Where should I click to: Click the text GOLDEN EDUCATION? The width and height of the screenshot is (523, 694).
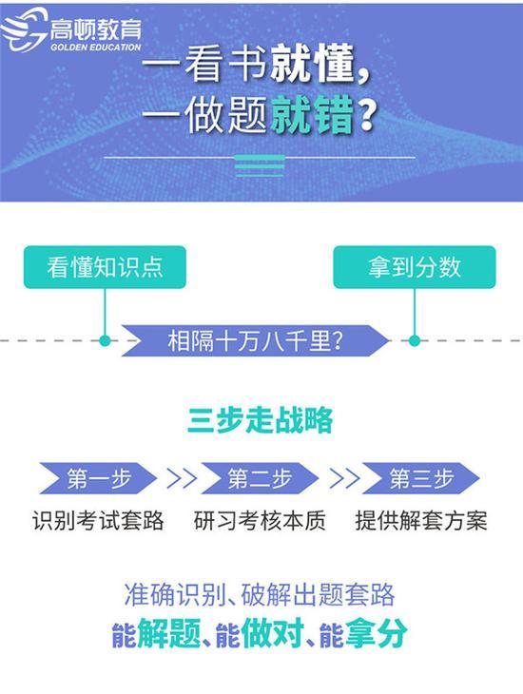pos(96,47)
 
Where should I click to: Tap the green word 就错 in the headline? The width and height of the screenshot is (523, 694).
pos(313,115)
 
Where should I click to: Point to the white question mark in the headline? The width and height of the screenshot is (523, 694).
pos(368,115)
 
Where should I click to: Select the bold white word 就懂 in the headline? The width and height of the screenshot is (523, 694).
pos(313,65)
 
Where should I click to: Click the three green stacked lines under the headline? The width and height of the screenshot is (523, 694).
pos(260,166)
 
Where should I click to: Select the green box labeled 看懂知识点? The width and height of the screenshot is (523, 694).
pos(105,267)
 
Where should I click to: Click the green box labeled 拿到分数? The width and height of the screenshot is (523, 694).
pos(415,267)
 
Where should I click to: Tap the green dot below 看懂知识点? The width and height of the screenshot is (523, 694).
pos(105,340)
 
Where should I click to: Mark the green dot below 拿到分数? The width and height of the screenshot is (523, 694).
pos(415,340)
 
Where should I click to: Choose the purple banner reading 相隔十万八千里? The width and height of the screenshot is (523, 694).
pos(256,340)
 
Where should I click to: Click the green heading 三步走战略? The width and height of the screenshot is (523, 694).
pos(260,419)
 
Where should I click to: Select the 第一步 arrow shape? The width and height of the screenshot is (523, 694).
pos(98,478)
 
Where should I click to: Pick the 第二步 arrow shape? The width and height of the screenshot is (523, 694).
pos(260,478)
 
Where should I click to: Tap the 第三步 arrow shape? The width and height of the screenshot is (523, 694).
pos(421,478)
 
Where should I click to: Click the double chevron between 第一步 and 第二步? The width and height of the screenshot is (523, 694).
pos(182,478)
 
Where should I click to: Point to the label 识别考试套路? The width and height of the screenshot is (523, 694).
pos(98,521)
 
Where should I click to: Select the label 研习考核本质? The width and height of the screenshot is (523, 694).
pos(260,521)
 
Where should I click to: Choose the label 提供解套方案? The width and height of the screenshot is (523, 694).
pos(421,521)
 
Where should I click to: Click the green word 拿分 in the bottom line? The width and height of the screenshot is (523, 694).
pos(376,634)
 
